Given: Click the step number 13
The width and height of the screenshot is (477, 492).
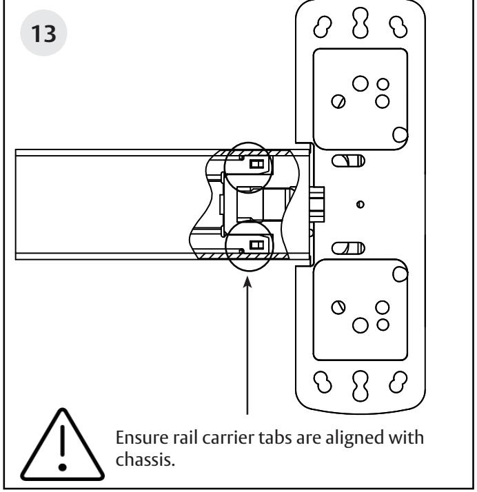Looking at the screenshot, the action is (x=43, y=33).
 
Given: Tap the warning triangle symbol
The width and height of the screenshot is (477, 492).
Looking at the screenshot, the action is (x=63, y=446).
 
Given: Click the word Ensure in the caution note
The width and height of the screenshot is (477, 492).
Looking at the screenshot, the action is (x=142, y=438).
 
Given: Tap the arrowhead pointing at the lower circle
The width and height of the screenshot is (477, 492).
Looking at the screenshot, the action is (x=247, y=282).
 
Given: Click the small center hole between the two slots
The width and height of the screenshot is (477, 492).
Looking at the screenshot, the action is (x=361, y=205).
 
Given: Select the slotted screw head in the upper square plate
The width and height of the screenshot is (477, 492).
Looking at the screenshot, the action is (x=338, y=102).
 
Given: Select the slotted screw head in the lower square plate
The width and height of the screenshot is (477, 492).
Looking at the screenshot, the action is (x=338, y=307).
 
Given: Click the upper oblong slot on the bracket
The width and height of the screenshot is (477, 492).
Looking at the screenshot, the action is (x=348, y=161).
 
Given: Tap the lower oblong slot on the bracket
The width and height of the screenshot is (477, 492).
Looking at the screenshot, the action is (x=348, y=248).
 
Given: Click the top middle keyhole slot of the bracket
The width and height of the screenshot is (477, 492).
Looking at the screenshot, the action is (x=361, y=23).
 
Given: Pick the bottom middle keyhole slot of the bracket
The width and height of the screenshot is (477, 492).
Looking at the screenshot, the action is (x=361, y=386).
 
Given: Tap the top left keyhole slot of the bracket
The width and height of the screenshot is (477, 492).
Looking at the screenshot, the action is (x=323, y=27).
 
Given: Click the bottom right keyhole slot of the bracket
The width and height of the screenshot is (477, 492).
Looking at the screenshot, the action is (x=398, y=382).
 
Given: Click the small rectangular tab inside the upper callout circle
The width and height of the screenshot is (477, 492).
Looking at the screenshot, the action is (x=256, y=164).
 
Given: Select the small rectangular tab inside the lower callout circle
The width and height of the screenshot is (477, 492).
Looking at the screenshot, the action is (x=256, y=245).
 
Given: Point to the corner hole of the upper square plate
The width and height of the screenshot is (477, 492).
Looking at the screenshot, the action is (x=400, y=134).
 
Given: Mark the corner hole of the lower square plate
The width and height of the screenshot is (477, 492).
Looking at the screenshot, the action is (x=400, y=274).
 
